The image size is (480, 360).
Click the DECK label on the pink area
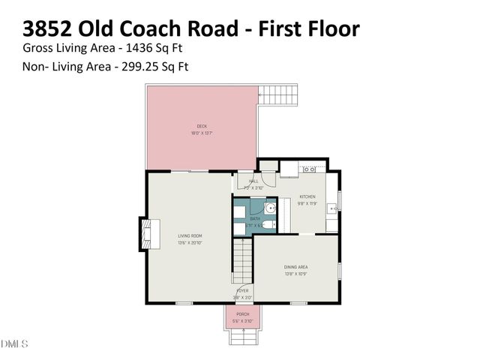click(x=202, y=126)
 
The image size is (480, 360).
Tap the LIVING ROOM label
click(x=190, y=235)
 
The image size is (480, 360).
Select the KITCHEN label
click(x=307, y=196)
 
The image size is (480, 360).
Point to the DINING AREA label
click(x=295, y=266)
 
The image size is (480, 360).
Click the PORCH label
click(x=242, y=313)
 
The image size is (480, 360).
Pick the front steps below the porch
click(x=242, y=337)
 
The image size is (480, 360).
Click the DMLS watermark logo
click(x=14, y=344)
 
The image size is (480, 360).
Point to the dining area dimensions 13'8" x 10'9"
click(x=295, y=274)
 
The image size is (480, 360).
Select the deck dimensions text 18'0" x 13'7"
click(x=202, y=133)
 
